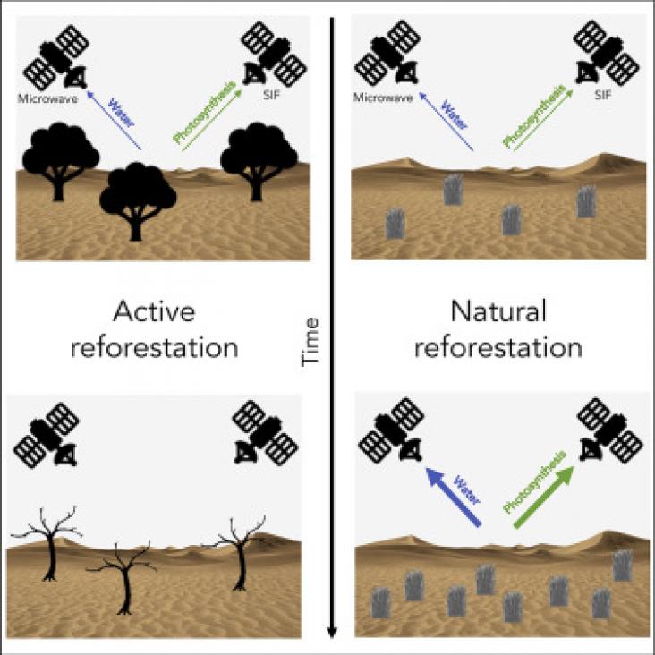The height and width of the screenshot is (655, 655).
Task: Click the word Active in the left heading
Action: click(x=154, y=311)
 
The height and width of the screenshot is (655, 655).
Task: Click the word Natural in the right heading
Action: click(x=498, y=311)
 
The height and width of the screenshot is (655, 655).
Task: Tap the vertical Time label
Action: click(x=310, y=342)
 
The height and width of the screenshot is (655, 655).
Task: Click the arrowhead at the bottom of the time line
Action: click(x=332, y=632)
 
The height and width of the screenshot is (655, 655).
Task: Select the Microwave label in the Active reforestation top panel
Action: click(x=47, y=99)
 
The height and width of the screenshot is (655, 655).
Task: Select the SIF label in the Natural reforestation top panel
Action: click(x=603, y=95)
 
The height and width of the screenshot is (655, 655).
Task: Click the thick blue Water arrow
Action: click(x=453, y=497)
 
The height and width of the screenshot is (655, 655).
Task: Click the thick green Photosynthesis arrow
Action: click(x=543, y=497)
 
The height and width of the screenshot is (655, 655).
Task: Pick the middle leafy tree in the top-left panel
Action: click(x=138, y=201)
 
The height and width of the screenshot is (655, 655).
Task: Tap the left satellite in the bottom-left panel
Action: click(x=47, y=435)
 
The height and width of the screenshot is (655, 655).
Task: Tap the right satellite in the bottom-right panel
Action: click(x=610, y=430)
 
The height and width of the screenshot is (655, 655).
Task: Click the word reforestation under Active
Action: click(x=154, y=347)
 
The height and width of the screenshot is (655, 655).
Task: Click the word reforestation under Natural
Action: click(x=498, y=347)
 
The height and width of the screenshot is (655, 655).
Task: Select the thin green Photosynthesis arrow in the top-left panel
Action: click(x=212, y=120)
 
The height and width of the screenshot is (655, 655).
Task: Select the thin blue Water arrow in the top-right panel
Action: click(x=447, y=122)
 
